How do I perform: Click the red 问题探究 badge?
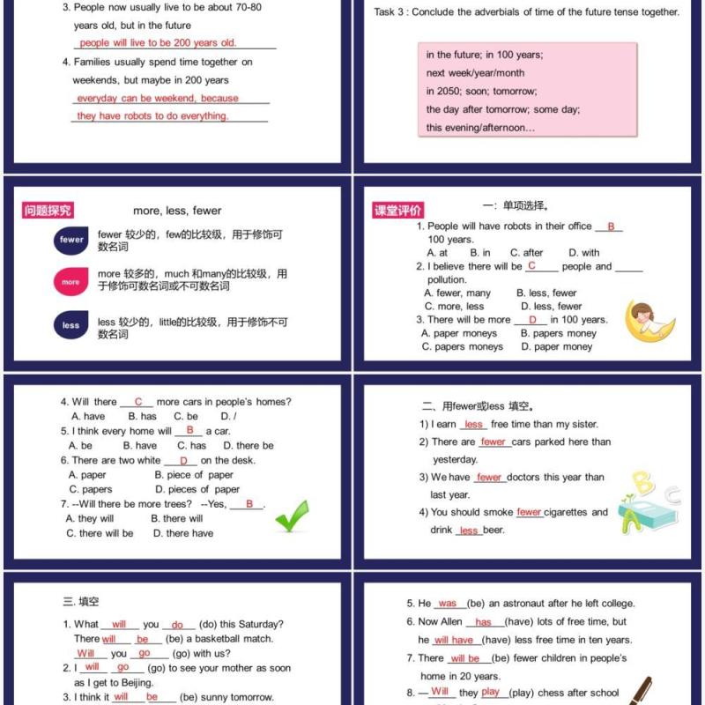[x=48, y=211]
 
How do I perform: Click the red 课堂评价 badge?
[x=398, y=211]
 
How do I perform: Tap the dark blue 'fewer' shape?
[x=71, y=240]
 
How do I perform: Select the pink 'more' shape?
[x=70, y=282]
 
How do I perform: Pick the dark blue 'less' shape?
[x=70, y=325]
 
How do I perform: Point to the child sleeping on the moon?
[x=649, y=320]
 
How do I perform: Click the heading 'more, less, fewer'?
[x=177, y=211]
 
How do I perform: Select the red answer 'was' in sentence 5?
[x=448, y=604]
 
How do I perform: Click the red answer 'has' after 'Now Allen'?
[x=484, y=622]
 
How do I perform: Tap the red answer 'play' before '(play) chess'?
[x=491, y=693]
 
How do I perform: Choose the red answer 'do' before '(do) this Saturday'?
[x=177, y=625]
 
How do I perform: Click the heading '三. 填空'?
[x=81, y=602]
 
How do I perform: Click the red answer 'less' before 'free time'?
[x=473, y=425]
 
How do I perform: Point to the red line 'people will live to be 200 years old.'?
[x=158, y=42]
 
